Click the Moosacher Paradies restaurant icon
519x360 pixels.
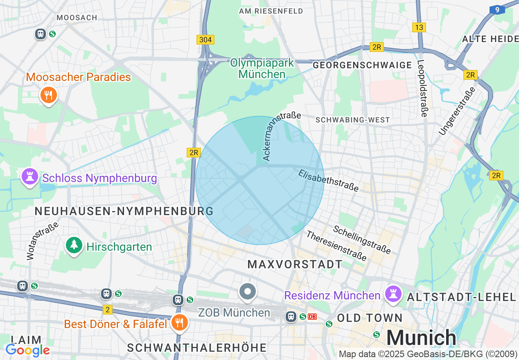(x=49, y=96)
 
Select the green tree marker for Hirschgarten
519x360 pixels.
(x=74, y=245)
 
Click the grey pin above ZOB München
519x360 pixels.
(x=248, y=292)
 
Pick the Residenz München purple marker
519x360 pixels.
(x=393, y=295)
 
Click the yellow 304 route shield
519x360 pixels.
(x=205, y=40)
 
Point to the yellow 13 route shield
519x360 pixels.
(x=419, y=27)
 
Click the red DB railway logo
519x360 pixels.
(x=312, y=316)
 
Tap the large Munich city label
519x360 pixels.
(x=421, y=338)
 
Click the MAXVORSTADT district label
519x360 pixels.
(x=295, y=264)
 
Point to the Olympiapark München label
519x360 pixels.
(x=262, y=69)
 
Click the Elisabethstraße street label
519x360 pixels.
(x=328, y=180)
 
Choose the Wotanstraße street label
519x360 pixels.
(x=42, y=241)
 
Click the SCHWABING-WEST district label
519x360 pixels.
(x=353, y=120)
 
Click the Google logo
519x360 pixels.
(x=27, y=350)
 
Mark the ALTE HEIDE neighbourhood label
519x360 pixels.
(x=490, y=39)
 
